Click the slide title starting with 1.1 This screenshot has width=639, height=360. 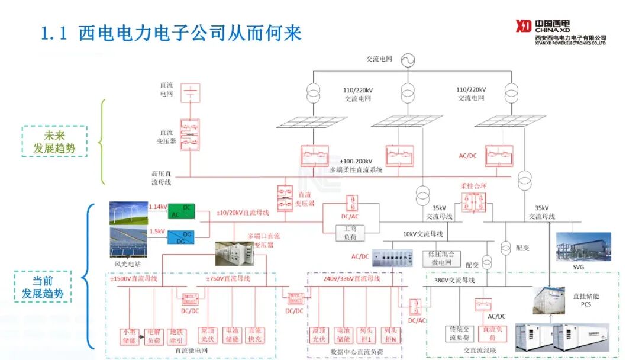pyautogui.click(x=171, y=33)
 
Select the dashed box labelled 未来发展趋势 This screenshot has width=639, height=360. pyautogui.click(x=54, y=141)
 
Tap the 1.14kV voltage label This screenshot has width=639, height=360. pyautogui.click(x=158, y=207)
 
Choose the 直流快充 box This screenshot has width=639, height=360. pyautogui.click(x=254, y=336)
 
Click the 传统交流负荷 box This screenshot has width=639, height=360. pyautogui.click(x=460, y=333)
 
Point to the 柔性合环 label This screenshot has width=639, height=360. pyautogui.click(x=472, y=187)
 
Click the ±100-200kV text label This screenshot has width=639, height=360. pyautogui.click(x=356, y=161)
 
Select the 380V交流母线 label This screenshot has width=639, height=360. pyautogui.click(x=454, y=280)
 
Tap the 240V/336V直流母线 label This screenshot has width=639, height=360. pyautogui.click(x=351, y=278)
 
